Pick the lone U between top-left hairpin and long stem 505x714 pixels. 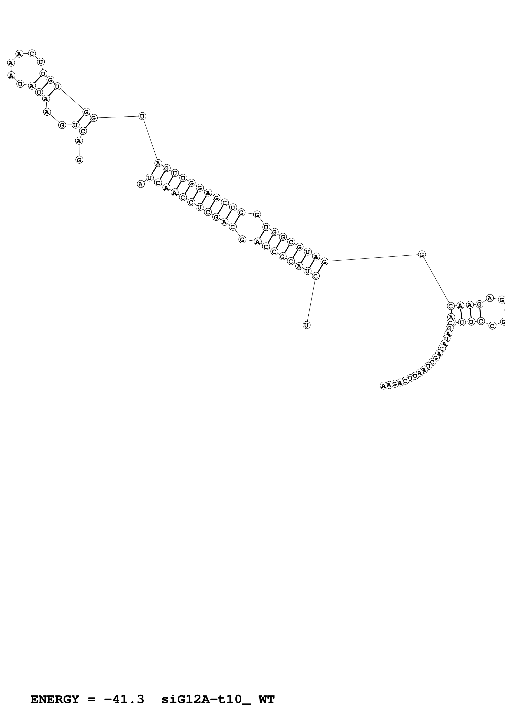click(142, 116)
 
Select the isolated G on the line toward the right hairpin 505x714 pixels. click(422, 255)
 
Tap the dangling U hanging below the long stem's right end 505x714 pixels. click(307, 325)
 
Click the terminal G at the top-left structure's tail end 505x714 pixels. click(79, 160)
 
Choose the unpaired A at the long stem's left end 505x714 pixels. click(141, 184)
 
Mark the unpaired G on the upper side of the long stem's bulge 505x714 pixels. click(257, 215)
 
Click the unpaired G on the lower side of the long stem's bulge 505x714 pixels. click(242, 239)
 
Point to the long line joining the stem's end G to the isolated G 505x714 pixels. click(373, 258)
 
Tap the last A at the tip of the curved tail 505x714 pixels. click(383, 386)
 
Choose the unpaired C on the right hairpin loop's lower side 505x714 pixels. click(492, 326)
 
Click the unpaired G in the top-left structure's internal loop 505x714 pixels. click(62, 125)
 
